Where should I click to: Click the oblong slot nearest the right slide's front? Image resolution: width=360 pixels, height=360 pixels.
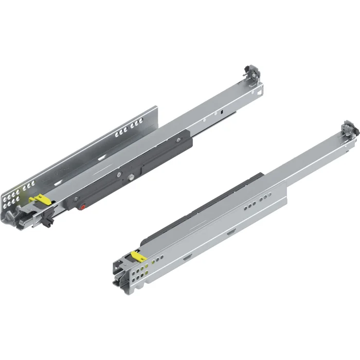point(188,255)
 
